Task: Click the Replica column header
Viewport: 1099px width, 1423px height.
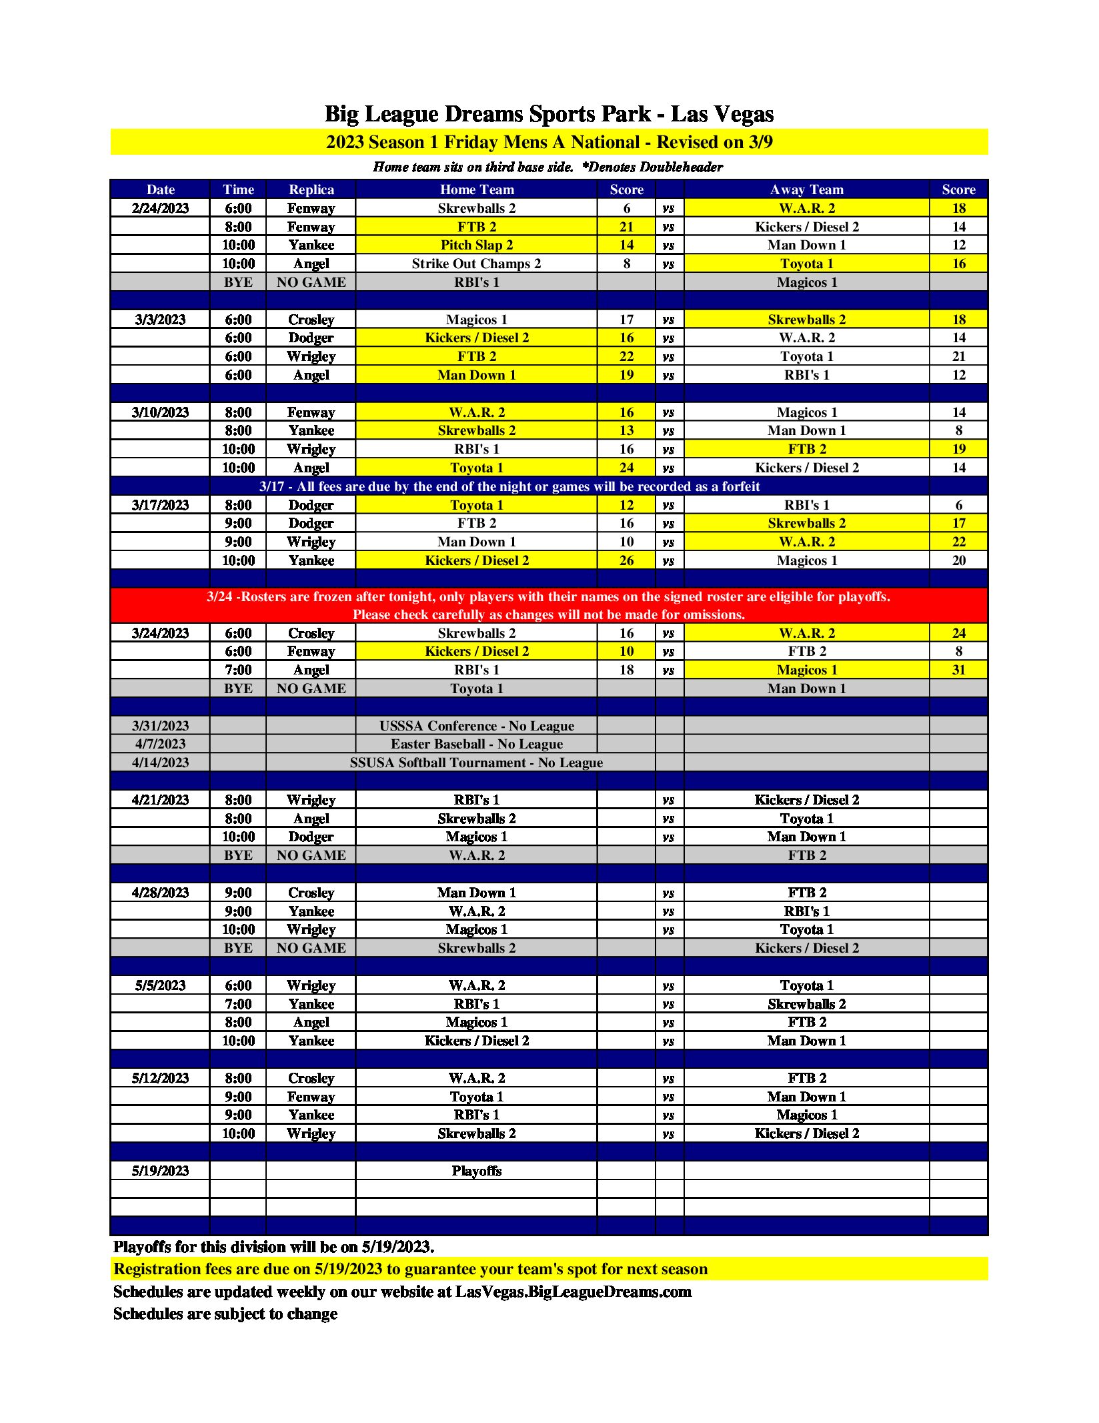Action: (x=311, y=189)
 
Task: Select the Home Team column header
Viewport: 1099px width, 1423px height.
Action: (x=476, y=189)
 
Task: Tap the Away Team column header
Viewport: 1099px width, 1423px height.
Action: (x=806, y=189)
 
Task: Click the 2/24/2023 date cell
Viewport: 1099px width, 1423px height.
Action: (x=160, y=208)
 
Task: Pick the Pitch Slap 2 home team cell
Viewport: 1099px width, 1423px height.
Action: (x=476, y=245)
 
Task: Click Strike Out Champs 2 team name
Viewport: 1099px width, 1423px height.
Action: (x=476, y=264)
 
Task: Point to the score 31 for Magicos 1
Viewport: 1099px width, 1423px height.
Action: (x=958, y=670)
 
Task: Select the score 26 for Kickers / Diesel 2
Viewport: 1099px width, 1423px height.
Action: (x=626, y=560)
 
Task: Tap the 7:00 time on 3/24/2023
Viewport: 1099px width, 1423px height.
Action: (x=238, y=670)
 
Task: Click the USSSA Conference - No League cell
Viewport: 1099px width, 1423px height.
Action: (x=476, y=726)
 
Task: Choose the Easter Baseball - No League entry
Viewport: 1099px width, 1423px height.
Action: (x=476, y=744)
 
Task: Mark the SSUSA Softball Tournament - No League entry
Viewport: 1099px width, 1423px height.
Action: (x=476, y=763)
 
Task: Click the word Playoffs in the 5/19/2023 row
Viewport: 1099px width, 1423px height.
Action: (x=476, y=1171)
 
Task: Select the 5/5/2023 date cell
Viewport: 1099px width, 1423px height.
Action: (x=160, y=985)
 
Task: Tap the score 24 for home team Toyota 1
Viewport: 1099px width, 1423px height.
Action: (x=626, y=468)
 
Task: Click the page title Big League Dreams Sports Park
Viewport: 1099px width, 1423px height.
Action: (x=549, y=114)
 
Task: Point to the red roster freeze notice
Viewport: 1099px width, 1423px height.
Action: (x=549, y=605)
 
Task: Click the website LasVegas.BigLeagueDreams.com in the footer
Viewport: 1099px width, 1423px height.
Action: (x=573, y=1292)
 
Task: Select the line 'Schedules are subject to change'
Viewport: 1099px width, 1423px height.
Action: (x=225, y=1314)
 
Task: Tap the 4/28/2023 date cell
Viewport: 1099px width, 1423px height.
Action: (x=160, y=893)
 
